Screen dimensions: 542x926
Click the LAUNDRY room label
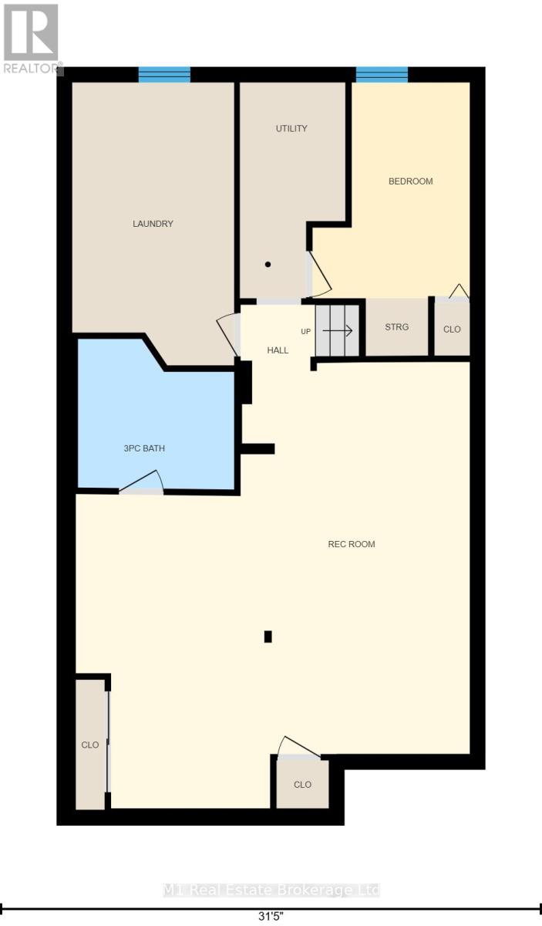coord(153,224)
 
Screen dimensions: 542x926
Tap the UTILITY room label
coord(291,129)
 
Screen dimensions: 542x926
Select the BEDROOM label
coord(411,181)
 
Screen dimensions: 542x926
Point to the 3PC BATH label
coord(144,448)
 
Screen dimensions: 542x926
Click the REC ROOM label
coord(352,544)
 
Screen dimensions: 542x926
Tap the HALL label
coord(278,350)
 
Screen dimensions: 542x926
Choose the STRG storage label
coord(396,327)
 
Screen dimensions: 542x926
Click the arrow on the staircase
coord(337,331)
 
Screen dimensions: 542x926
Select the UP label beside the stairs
coord(306,332)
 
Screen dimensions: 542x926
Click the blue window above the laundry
coord(164,74)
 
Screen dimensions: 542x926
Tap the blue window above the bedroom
coord(382,74)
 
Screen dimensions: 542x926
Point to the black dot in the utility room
coord(268,264)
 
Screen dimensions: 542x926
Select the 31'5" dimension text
coord(271,916)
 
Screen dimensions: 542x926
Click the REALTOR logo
coord(32,39)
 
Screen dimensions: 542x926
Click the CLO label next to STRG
coord(452,330)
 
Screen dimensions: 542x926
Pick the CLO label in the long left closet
coord(89,745)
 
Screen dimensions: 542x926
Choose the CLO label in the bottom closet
coord(302,785)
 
